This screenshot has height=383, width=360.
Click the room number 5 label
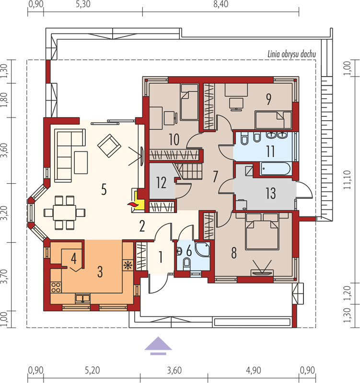point(104,189)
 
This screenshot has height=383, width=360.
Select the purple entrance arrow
point(158,345)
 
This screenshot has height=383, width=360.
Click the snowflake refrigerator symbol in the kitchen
point(128,265)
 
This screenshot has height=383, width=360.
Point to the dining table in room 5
point(65,213)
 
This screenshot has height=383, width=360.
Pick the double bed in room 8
point(262,231)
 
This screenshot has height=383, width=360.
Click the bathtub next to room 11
point(275,169)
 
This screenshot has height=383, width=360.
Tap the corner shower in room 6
point(203,249)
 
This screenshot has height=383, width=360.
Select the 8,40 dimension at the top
point(221,4)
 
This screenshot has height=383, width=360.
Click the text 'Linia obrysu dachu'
point(292,54)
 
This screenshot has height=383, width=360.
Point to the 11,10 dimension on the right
point(347,180)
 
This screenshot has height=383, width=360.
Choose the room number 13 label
point(271,193)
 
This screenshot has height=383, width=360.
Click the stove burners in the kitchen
point(56,287)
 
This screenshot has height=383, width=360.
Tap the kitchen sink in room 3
point(82,298)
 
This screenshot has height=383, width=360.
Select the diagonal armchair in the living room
point(109,146)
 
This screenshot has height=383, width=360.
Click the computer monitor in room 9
point(236,104)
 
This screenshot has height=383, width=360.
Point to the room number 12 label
point(161,182)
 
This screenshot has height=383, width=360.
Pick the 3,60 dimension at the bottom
point(174,371)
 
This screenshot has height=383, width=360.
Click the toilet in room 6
point(187,264)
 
